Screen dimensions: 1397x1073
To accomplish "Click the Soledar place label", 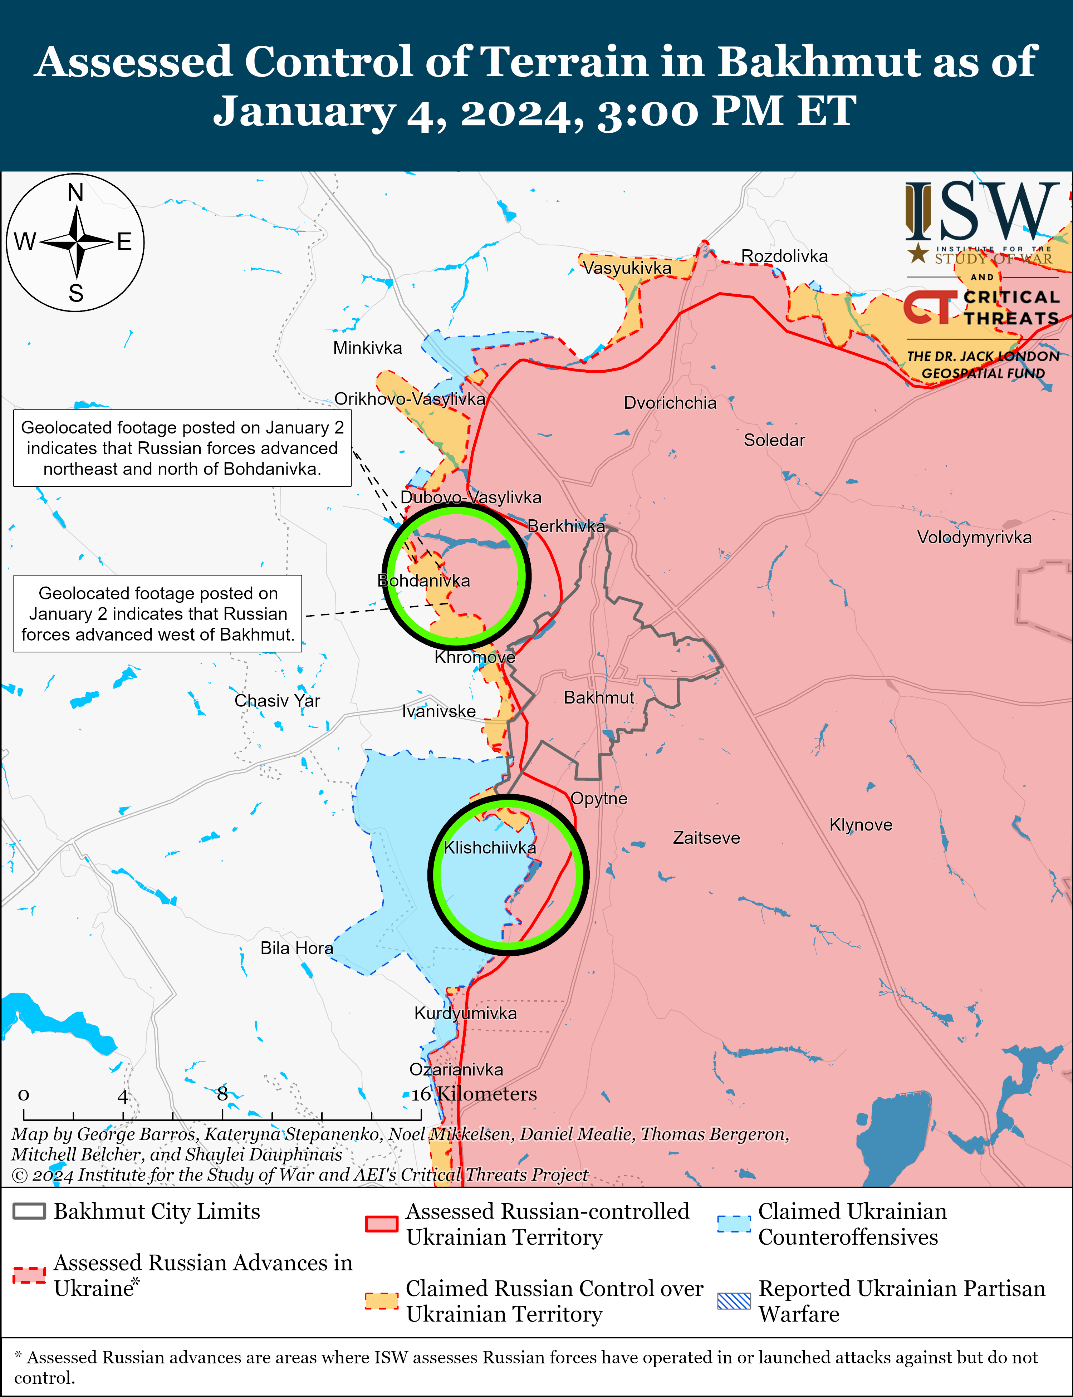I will tap(774, 440).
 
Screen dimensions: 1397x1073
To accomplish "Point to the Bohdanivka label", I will tap(423, 580).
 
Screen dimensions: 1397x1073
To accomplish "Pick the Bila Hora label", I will tap(297, 948).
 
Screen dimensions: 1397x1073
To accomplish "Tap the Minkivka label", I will tap(367, 348).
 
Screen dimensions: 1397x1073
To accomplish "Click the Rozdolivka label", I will tap(784, 256).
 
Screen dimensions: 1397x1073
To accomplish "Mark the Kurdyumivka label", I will tap(466, 1013).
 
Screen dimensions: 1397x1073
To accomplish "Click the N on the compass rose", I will tap(75, 192).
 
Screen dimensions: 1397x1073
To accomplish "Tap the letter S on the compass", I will tap(76, 293).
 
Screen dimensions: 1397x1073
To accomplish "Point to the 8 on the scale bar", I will tap(222, 1094).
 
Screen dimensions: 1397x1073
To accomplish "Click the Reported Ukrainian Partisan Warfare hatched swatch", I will tap(734, 1300).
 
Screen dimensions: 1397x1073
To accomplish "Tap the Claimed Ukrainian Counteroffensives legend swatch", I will tap(734, 1223).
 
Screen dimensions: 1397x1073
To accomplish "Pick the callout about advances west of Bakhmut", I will tap(158, 614).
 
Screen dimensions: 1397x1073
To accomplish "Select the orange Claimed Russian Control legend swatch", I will tap(381, 1300).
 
